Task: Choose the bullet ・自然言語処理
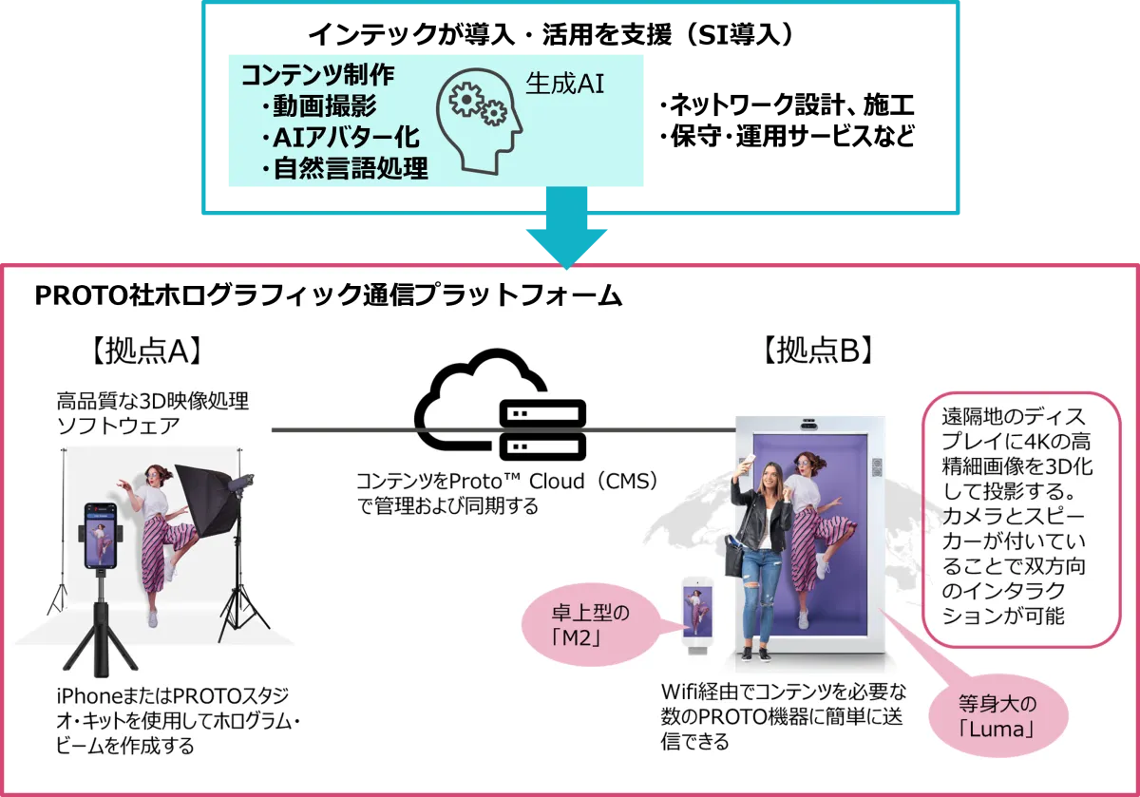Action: click(x=343, y=169)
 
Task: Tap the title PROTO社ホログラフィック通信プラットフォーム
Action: click(x=328, y=295)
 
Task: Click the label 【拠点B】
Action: click(x=818, y=351)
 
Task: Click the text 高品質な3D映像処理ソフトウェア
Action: click(x=152, y=411)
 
